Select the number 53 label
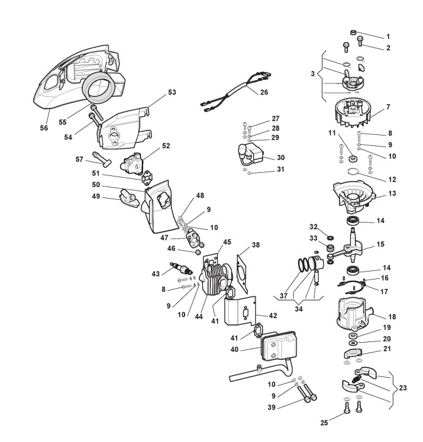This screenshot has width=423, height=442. coord(172,92)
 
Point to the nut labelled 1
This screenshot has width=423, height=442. coord(354,32)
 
